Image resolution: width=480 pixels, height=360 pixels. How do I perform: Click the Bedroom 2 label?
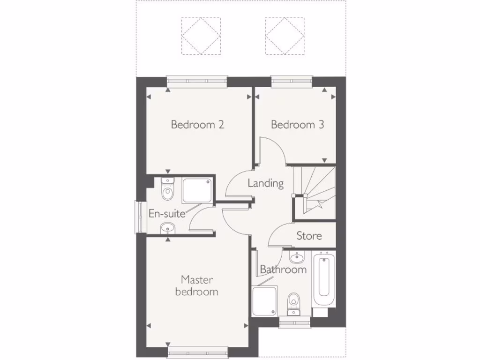[x=197, y=125]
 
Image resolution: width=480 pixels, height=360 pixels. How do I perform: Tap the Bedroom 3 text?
[x=297, y=125]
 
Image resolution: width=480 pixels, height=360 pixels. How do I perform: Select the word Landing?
[x=266, y=183]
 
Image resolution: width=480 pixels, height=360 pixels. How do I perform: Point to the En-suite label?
[x=167, y=213]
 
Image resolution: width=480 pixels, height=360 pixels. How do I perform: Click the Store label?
[x=309, y=235]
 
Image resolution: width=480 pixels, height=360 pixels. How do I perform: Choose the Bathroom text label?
[x=283, y=270]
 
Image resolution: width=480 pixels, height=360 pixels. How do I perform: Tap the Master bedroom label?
[x=197, y=286]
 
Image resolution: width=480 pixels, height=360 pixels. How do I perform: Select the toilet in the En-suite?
[x=167, y=190]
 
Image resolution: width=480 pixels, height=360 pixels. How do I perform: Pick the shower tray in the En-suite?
[x=197, y=190]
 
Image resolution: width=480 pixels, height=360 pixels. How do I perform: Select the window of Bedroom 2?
[x=197, y=81]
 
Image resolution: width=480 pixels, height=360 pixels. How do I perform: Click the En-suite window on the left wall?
[x=139, y=217]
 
